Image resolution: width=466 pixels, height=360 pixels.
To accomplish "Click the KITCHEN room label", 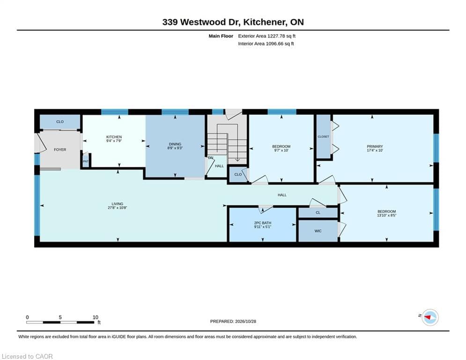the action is click(114, 137).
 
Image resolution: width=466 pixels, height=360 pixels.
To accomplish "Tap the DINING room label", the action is click(175, 144).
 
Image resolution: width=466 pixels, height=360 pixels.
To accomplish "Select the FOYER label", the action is click(60, 150).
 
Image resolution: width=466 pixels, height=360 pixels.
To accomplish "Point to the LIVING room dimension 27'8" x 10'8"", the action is click(118, 208).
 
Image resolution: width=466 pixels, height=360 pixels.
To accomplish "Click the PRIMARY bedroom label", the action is click(375, 146).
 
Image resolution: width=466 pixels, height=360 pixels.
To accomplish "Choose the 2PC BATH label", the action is click(263, 223).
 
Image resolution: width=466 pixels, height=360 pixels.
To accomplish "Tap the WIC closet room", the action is click(318, 231).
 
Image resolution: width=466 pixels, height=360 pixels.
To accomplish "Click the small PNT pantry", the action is click(86, 161).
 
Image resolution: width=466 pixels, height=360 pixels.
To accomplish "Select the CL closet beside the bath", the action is click(318, 212).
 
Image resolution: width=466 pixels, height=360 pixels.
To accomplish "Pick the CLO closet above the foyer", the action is click(60, 122).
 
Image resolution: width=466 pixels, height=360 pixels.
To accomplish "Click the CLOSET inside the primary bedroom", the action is click(323, 136).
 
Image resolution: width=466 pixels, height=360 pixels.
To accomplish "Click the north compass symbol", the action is click(430, 317).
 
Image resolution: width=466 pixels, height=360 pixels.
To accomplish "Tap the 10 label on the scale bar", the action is click(95, 317).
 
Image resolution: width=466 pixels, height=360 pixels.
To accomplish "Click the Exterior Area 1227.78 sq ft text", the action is click(266, 36).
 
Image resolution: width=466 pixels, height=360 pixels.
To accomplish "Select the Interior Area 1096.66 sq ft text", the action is click(266, 44).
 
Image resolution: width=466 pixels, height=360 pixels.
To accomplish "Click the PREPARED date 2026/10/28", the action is click(245, 321).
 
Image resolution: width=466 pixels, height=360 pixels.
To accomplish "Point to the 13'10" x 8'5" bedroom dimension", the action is click(387, 215).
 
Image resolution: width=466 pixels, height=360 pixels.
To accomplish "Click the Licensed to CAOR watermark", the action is click(27, 356).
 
